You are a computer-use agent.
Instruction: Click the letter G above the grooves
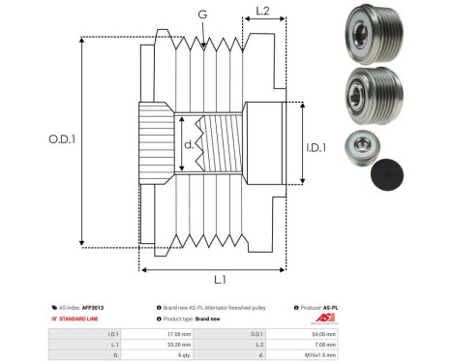pyautogui.click(x=201, y=14)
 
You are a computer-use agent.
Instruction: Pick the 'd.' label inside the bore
pyautogui.click(x=190, y=146)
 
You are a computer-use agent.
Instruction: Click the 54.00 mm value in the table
pyautogui.click(x=323, y=332)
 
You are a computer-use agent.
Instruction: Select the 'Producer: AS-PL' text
pyautogui.click(x=321, y=307)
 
